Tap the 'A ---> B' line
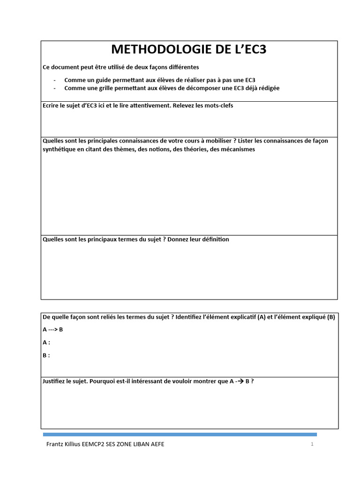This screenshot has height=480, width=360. point(52,329)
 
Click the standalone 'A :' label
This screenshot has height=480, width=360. point(46,342)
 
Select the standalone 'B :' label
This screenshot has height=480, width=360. point(46,355)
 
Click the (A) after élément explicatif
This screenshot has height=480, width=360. point(262,317)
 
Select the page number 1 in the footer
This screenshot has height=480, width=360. point(312,444)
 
